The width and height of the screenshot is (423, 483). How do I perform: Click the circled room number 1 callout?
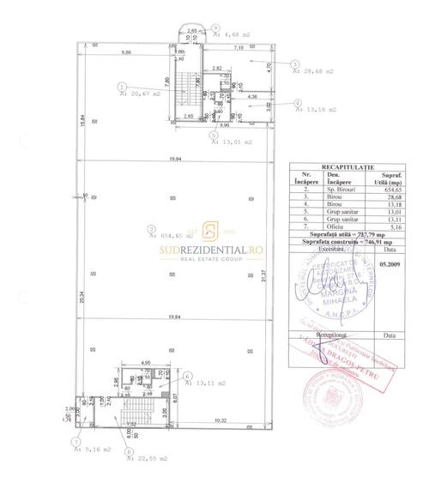coord(123,86)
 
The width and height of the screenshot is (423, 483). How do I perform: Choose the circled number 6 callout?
coord(188,376)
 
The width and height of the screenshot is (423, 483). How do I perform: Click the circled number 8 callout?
coord(129,451)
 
